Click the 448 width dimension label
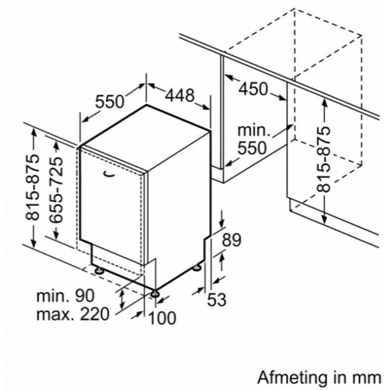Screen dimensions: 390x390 (x=180, y=95)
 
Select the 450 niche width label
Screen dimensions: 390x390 (x=253, y=89)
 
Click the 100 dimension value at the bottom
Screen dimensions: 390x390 (x=163, y=318)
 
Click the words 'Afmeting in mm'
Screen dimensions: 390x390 (x=318, y=377)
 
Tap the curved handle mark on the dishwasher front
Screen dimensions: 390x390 (x=110, y=174)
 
